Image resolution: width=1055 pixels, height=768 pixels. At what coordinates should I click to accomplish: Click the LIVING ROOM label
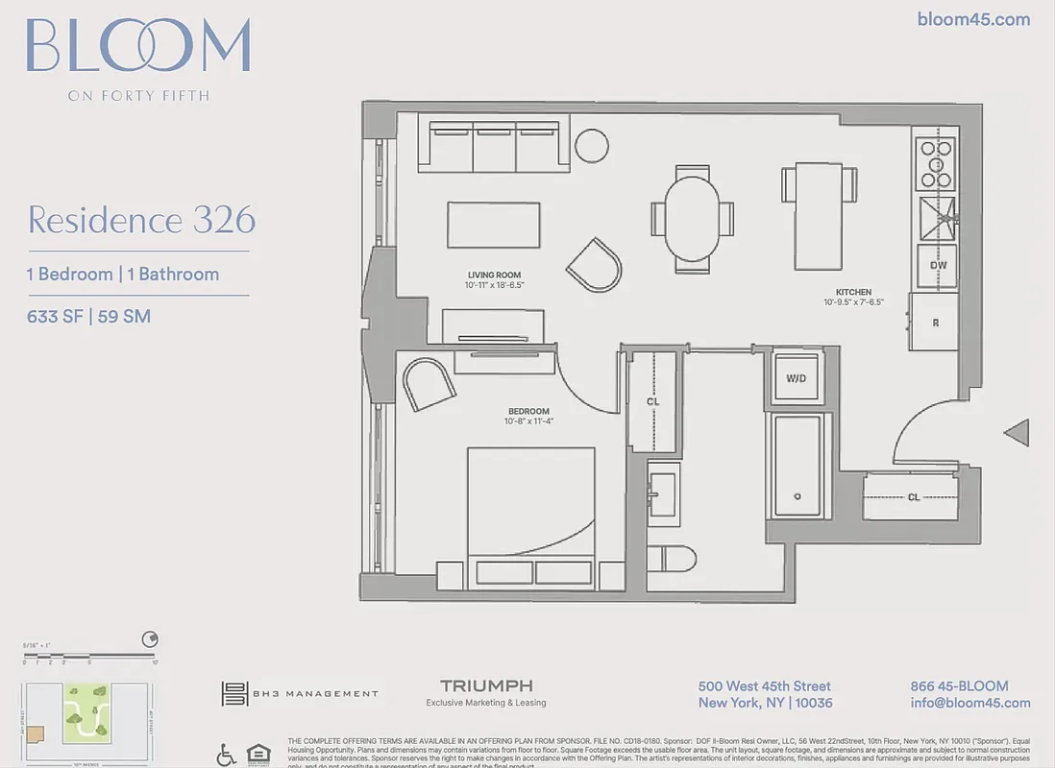[x=494, y=275]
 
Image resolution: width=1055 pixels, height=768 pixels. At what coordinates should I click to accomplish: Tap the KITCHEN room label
[x=853, y=292]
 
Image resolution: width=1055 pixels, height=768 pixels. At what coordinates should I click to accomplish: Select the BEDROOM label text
[x=528, y=411]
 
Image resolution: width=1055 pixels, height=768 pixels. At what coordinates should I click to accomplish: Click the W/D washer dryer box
[x=797, y=378]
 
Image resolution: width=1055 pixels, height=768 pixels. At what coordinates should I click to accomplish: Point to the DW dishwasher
[x=938, y=266]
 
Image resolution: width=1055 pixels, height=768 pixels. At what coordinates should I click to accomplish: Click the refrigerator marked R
[x=935, y=323]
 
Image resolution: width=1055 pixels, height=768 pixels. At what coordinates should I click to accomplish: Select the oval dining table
[x=692, y=218]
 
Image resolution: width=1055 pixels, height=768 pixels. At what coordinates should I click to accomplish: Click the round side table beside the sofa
[x=591, y=145]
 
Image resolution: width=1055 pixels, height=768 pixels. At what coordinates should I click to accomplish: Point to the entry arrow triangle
[x=1018, y=433]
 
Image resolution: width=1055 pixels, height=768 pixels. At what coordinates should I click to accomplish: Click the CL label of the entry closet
[x=913, y=497]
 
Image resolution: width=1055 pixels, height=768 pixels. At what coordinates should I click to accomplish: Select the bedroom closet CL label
[x=652, y=401]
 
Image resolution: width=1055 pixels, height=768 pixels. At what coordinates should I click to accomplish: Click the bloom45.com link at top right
[x=973, y=19]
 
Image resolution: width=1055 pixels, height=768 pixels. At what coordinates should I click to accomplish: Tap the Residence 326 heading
[x=141, y=220]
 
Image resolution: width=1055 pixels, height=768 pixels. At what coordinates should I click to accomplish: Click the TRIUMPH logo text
[x=486, y=685]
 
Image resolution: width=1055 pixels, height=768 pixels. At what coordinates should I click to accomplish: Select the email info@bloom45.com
[x=969, y=703]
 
